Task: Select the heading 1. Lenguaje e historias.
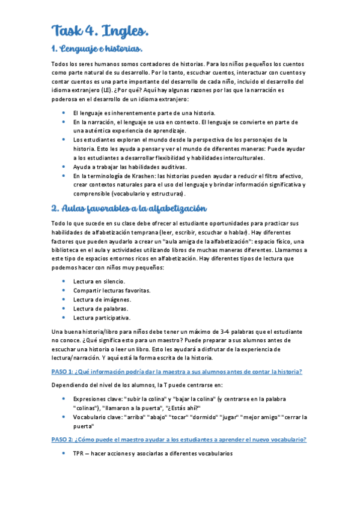98,48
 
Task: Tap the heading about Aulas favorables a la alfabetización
129,208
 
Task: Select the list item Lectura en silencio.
99,281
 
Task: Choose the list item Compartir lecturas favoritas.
111,290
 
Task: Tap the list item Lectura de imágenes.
102,300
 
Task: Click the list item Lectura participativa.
102,318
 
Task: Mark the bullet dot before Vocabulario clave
64,417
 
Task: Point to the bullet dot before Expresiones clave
64,399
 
